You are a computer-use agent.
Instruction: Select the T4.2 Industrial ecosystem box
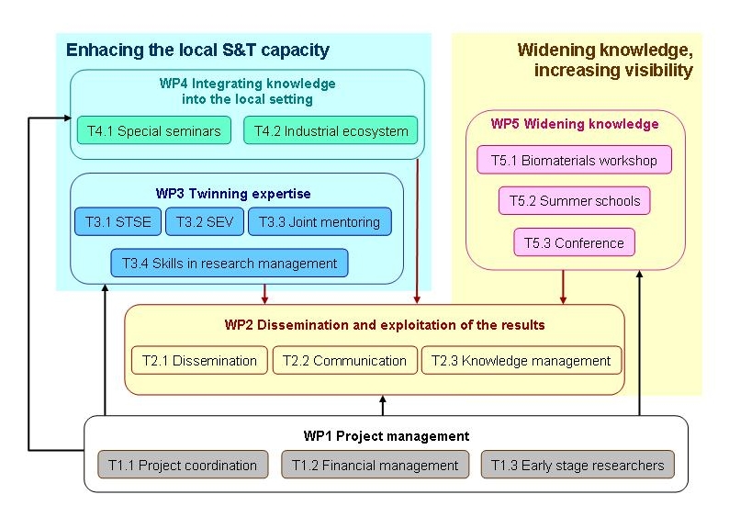coord(331,131)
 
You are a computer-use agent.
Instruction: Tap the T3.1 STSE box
coord(118,221)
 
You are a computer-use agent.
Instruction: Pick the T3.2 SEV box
coord(206,221)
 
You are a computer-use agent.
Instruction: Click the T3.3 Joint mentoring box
coord(320,221)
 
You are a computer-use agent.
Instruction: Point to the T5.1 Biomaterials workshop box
coord(574,161)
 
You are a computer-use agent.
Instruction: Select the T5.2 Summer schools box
coord(575,201)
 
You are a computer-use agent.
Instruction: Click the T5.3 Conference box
coord(574,243)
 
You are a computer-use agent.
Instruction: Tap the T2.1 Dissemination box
coord(199,361)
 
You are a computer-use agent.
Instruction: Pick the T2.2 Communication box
coord(343,361)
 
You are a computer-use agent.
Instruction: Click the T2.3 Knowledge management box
coord(522,361)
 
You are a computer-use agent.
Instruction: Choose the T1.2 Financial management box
coord(375,466)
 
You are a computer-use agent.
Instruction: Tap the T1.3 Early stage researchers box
coord(578,466)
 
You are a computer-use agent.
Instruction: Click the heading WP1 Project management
coord(387,436)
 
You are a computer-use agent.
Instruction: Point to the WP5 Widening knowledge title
coord(575,124)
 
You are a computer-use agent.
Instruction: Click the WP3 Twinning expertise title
coord(233,194)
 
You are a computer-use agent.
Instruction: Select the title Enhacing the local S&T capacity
coord(197,51)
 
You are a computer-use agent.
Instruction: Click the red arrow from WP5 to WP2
coord(563,287)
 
